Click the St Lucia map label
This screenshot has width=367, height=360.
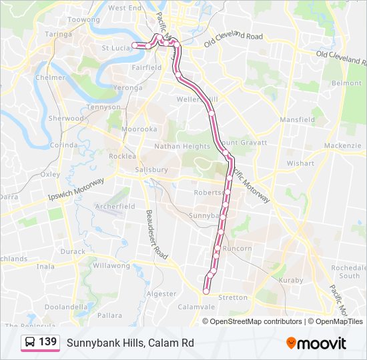point(115,48)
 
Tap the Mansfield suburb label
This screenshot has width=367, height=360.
point(298,120)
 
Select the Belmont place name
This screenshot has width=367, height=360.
point(346,83)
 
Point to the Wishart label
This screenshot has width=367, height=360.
point(300,163)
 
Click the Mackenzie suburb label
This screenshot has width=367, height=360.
point(342,146)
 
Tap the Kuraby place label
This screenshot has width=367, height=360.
point(291,281)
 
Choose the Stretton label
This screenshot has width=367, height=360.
point(233,298)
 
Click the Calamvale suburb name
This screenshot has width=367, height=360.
point(196,307)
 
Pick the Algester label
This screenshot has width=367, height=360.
point(161,293)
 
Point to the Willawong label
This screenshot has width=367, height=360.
point(111,265)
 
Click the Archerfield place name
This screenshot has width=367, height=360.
point(115,207)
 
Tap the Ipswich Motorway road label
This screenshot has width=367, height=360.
point(76,190)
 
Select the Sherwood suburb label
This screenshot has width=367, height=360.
point(66,119)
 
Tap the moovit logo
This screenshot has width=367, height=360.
point(316,343)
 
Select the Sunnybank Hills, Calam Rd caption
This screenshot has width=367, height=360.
point(130,343)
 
